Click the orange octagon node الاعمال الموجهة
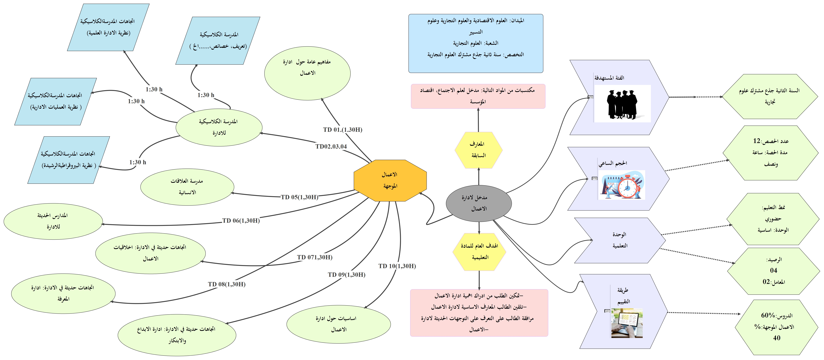390,180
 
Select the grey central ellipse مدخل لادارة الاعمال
479,203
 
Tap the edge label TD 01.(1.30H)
343,129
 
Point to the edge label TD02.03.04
331,146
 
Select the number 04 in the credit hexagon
773,270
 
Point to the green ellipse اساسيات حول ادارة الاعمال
338,324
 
